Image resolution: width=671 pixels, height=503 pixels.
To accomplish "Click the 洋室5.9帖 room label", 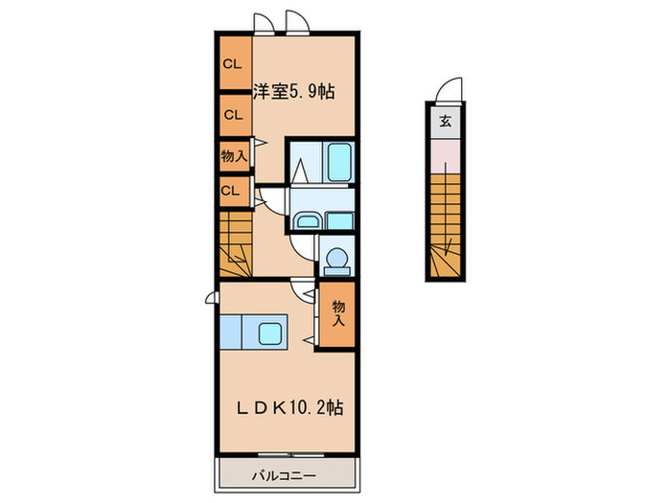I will tap(294, 93).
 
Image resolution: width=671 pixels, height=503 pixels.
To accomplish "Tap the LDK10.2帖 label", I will tap(290, 407).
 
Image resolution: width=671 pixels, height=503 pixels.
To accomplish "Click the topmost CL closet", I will tap(232, 64).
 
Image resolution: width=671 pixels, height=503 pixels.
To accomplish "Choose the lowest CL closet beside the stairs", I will tap(231, 190).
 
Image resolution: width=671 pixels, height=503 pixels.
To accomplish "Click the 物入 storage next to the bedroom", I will tap(231, 154).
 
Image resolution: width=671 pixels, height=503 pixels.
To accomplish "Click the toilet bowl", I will tap(336, 260).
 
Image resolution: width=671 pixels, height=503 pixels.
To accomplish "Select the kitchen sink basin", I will tap(267, 335).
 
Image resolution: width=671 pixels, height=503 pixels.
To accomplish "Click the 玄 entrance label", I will tap(446, 122).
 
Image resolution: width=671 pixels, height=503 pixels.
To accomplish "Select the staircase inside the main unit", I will tap(236, 242).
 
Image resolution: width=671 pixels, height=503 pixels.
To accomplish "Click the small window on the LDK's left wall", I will tap(210, 300).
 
